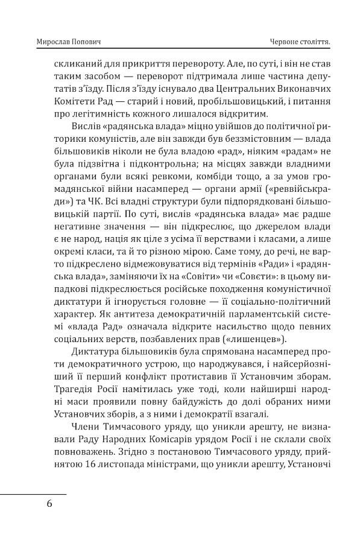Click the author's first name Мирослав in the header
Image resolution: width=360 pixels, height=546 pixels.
(52, 41)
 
